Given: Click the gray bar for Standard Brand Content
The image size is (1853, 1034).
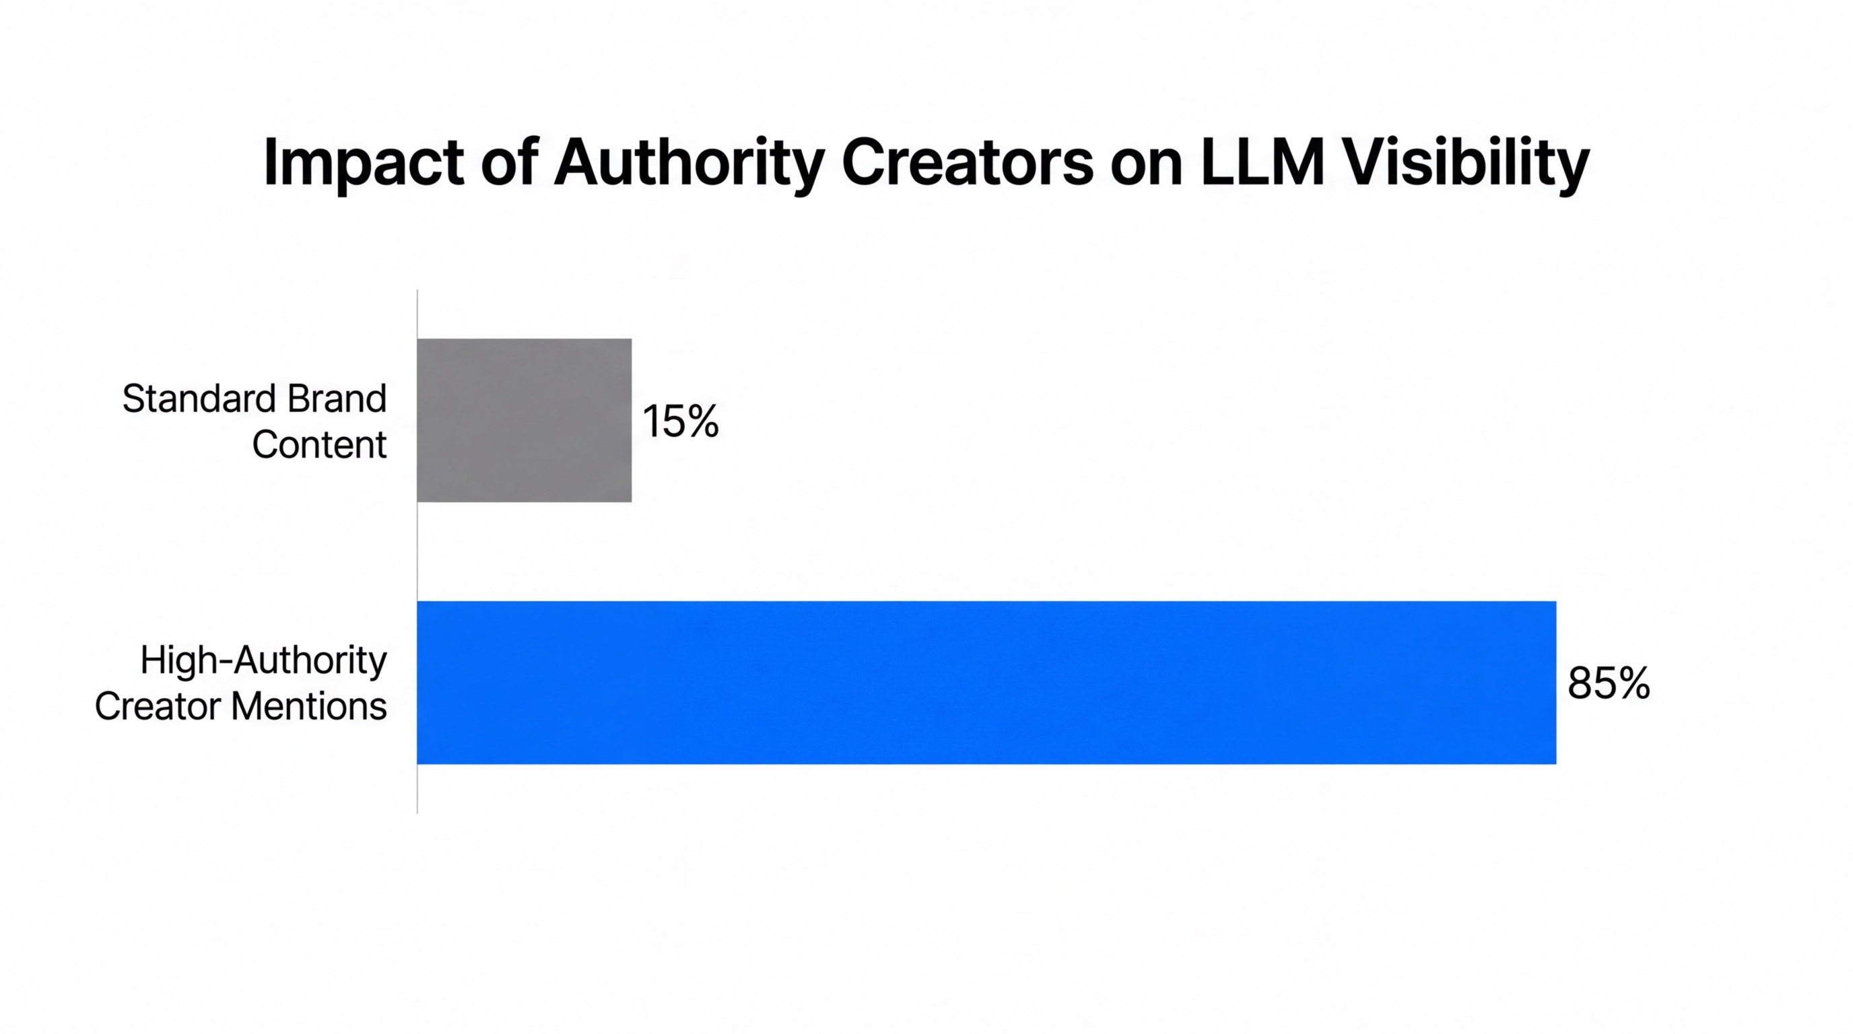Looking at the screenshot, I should tap(524, 420).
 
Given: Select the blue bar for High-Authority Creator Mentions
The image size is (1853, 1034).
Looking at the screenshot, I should tap(986, 683).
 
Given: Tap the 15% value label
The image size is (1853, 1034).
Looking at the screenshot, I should tap(680, 421).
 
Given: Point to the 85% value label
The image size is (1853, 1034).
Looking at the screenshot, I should tap(1609, 683).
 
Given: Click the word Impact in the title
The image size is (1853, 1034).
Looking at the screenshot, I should tap(364, 164).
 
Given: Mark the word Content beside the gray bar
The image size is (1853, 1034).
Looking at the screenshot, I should tap(318, 444).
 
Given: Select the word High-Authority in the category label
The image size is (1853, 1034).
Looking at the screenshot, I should tap(263, 661).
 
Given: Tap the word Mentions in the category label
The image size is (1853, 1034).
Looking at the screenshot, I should tap(308, 706).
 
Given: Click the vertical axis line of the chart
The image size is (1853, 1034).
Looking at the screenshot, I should tap(417, 553).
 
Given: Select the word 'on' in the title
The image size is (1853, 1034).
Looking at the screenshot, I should tap(1146, 164).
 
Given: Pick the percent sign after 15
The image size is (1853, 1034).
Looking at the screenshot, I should tap(701, 421).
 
